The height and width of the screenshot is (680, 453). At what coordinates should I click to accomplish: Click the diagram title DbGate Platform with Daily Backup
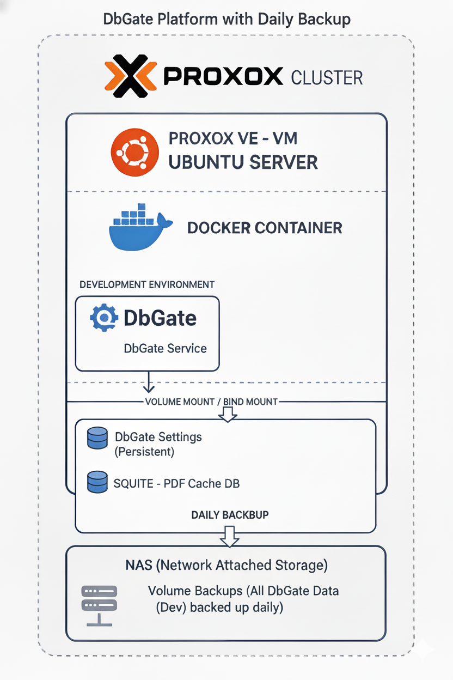pyautogui.click(x=226, y=20)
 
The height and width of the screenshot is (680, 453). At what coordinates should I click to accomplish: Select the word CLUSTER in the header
pyautogui.click(x=327, y=77)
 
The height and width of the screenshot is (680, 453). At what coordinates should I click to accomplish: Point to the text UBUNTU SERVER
pyautogui.click(x=243, y=162)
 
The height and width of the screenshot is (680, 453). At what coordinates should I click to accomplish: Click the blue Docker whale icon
pyautogui.click(x=139, y=227)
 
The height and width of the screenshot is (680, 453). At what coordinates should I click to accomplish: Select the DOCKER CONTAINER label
pyautogui.click(x=265, y=228)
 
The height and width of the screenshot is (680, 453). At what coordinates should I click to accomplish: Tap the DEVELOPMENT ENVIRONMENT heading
pyautogui.click(x=146, y=284)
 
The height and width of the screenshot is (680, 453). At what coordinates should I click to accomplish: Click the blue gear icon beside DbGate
pyautogui.click(x=103, y=318)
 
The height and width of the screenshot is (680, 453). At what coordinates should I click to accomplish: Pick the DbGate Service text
pyautogui.click(x=165, y=348)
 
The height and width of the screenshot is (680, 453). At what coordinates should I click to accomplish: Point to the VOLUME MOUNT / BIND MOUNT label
pyautogui.click(x=211, y=402)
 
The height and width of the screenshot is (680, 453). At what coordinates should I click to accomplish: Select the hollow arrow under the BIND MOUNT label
pyautogui.click(x=228, y=414)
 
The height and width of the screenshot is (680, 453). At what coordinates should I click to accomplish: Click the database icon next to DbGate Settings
pyautogui.click(x=97, y=438)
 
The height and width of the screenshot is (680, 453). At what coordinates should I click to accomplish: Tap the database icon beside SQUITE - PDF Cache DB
pyautogui.click(x=97, y=482)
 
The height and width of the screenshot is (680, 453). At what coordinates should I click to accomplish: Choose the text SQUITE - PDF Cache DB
pyautogui.click(x=176, y=483)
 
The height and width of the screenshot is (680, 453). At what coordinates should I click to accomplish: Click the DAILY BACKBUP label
pyautogui.click(x=229, y=514)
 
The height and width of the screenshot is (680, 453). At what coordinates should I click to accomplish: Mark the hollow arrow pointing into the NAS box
pyautogui.click(x=229, y=536)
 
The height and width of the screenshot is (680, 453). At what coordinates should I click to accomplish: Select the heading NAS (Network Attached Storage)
pyautogui.click(x=226, y=565)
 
